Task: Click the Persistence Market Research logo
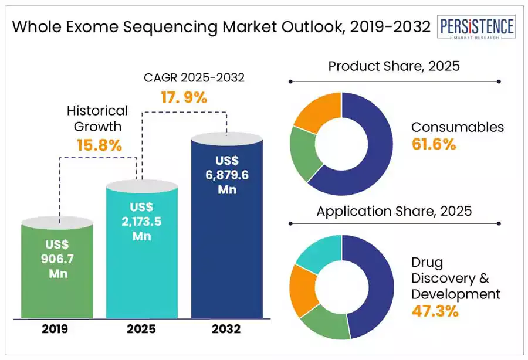pos(476,27)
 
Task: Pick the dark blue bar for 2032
pos(227,225)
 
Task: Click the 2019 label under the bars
pos(55,329)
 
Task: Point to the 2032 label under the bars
pos(226,329)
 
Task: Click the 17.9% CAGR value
pos(184,97)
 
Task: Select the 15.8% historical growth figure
pos(99,145)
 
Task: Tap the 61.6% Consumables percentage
pos(434,144)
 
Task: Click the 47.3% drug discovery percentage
pos(435,311)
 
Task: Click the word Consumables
pos(458,127)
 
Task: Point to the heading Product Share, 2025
pos(394,66)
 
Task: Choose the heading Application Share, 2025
pos(394,211)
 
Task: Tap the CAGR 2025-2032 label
pos(194,78)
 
